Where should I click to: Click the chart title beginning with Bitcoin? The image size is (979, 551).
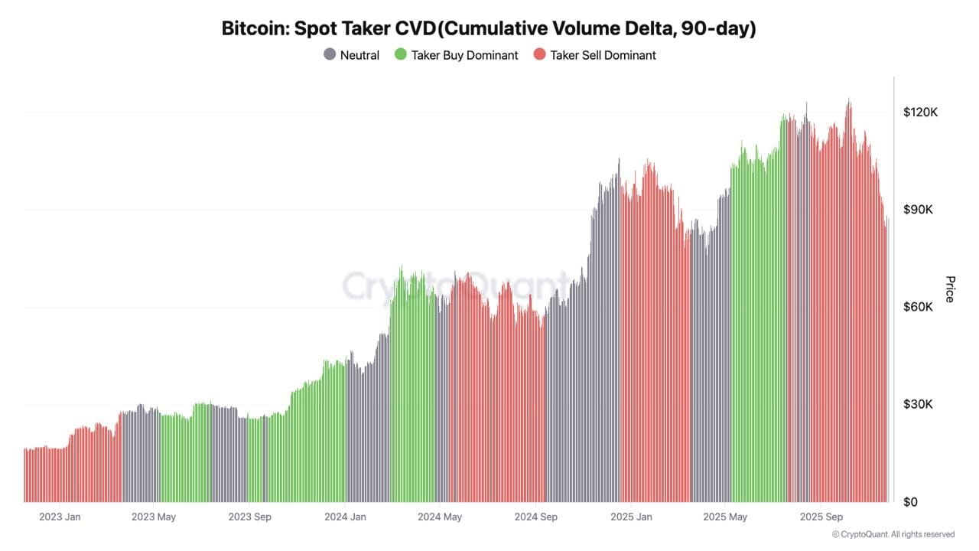coord(488,29)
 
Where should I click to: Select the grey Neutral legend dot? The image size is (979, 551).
coord(330,55)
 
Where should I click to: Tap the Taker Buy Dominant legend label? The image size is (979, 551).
coord(464,55)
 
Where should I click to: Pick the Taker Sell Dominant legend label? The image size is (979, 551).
coord(603,55)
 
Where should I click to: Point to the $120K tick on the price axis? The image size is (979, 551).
coord(920,112)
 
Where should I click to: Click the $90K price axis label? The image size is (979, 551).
coord(920,210)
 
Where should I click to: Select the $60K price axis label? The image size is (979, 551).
coord(920,307)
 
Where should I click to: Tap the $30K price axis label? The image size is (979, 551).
coord(920,404)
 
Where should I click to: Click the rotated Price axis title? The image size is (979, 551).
coord(950,289)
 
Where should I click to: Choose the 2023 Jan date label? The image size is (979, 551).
coord(60,517)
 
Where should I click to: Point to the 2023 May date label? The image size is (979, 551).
coord(154,517)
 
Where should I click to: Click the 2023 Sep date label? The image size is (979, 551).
coord(250,517)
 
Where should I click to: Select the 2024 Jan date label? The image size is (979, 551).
coord(345,517)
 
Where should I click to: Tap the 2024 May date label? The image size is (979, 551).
coord(440,517)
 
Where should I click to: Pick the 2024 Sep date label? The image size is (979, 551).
coord(536,517)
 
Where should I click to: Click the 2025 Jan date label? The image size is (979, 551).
coord(631,517)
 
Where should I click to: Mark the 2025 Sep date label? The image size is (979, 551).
coord(821,517)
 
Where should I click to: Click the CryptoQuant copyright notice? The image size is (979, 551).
coord(893,534)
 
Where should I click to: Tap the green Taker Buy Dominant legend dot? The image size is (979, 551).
coord(400,55)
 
